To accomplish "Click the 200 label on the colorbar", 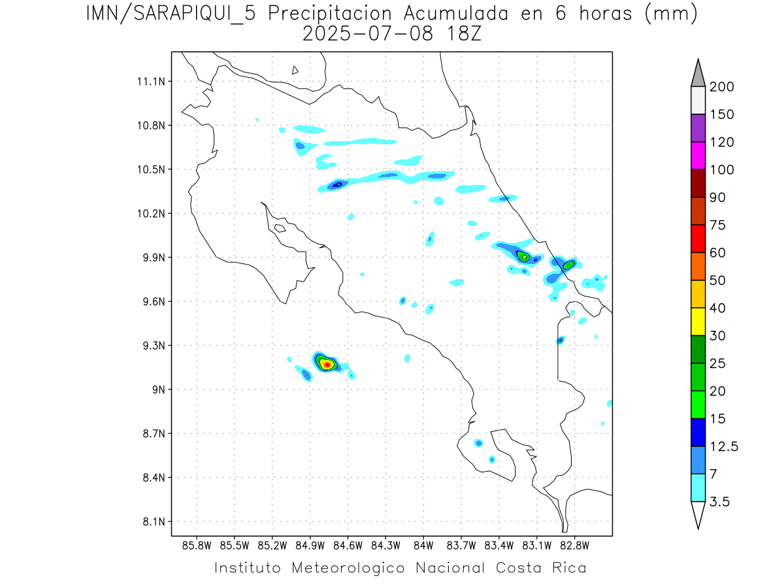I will point(721,87).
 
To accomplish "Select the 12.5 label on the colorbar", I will point(723,446).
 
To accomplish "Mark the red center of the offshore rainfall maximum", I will point(326,365).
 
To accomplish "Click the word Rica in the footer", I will point(568,568).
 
